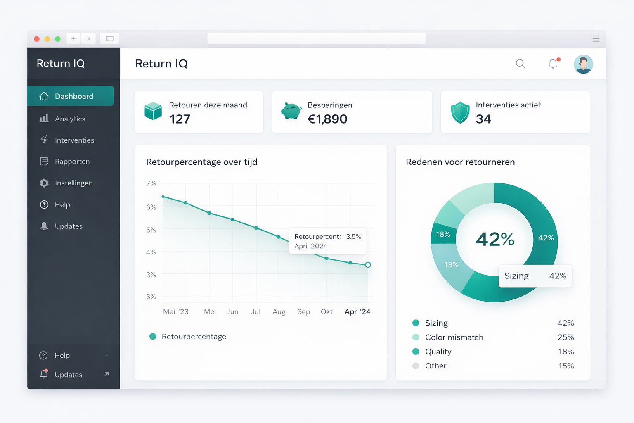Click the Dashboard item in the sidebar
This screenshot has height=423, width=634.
(x=70, y=96)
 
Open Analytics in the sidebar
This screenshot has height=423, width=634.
(x=70, y=119)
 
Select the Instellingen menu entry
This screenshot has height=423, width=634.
(x=73, y=183)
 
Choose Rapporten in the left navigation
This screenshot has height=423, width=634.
(x=72, y=162)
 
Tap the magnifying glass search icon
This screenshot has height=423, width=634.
(x=520, y=64)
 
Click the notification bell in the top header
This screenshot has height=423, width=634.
(x=553, y=64)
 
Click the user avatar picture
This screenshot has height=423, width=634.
(x=583, y=64)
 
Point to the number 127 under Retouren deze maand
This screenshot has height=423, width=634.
(x=180, y=119)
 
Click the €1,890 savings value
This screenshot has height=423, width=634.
(x=328, y=119)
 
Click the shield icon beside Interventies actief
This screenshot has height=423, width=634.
(x=460, y=112)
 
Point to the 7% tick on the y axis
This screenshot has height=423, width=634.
(x=151, y=183)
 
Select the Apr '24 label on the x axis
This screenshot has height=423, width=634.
(x=357, y=312)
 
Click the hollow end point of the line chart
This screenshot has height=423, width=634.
(x=368, y=265)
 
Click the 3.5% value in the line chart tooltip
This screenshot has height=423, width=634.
(x=353, y=237)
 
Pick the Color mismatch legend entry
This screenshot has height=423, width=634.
(x=454, y=337)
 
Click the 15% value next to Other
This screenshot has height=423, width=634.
(x=566, y=366)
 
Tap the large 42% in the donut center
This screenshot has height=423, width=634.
(x=495, y=239)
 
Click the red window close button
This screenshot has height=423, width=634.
(x=37, y=39)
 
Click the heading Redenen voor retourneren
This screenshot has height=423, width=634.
(x=460, y=162)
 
